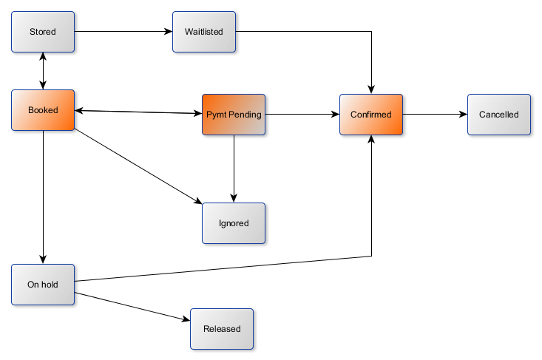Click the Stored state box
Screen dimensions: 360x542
click(x=43, y=32)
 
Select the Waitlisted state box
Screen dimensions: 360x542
click(x=204, y=32)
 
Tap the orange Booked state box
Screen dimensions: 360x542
click(x=43, y=110)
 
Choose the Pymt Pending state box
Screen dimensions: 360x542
click(x=234, y=114)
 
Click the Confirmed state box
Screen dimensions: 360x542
click(x=371, y=115)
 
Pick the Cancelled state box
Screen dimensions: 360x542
click(x=499, y=115)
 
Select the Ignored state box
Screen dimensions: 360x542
click(x=234, y=223)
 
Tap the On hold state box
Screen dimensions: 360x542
click(x=43, y=284)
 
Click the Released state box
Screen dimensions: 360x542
click(x=222, y=328)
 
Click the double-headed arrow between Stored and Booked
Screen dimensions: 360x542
click(x=43, y=71)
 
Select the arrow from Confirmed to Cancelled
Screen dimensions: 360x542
click(x=435, y=115)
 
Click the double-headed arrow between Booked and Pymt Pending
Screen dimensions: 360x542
click(x=138, y=112)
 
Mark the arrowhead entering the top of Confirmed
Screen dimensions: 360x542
click(x=371, y=89)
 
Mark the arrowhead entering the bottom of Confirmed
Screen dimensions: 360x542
click(x=371, y=141)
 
